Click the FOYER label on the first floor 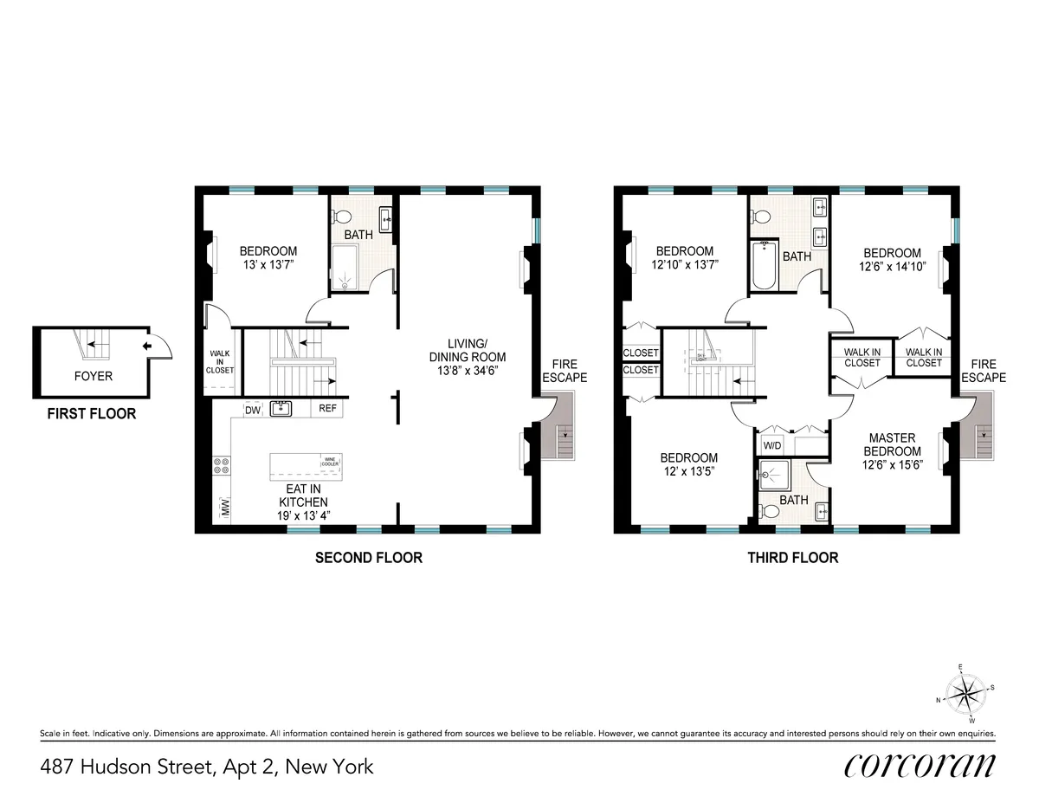point(93,376)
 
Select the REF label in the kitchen point(328,409)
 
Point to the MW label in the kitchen point(225,507)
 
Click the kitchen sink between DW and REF point(281,408)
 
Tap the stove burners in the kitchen point(221,466)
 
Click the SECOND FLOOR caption point(368,558)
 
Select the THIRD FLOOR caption point(792,558)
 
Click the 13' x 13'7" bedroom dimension point(268,266)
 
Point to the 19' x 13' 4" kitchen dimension point(303,515)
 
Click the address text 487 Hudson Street point(207,766)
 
